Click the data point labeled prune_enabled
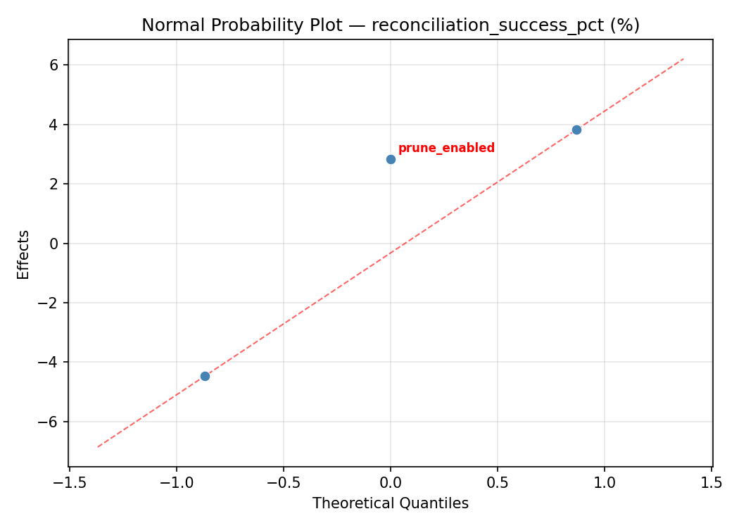(391, 159)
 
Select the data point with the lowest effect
(205, 376)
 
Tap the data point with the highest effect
(576, 130)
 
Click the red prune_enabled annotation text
(446, 149)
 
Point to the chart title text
(391, 25)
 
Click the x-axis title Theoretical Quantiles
(391, 503)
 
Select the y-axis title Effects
(24, 254)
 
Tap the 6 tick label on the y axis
(54, 65)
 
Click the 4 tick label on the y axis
(54, 125)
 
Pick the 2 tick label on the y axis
(54, 184)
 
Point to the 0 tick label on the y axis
(54, 244)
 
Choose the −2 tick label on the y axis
(50, 303)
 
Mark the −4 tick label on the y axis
(50, 363)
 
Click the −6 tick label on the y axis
(50, 422)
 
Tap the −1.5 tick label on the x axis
(69, 483)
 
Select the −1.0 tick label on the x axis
(176, 483)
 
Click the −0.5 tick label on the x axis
(283, 483)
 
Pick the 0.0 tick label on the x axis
(391, 483)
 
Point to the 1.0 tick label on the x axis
(605, 483)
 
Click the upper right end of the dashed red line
(683, 59)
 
